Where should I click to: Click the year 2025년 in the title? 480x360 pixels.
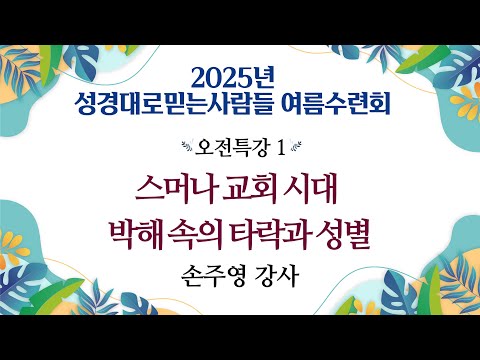pyautogui.click(x=238, y=74)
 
